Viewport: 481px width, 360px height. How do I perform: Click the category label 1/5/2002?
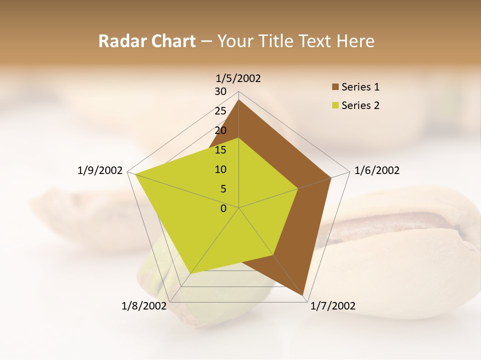[238, 78]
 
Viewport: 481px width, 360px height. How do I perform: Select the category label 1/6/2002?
[377, 170]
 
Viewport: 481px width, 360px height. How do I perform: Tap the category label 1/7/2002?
[333, 306]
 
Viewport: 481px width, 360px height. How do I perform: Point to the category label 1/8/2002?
[144, 306]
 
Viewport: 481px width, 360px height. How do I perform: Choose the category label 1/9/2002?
[100, 170]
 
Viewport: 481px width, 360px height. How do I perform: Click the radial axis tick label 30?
[220, 91]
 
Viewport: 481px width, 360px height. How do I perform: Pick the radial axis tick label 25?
[220, 111]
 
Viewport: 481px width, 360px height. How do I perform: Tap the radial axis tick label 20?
[220, 130]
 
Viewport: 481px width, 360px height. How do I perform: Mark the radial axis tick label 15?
[220, 150]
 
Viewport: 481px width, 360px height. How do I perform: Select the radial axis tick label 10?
[220, 169]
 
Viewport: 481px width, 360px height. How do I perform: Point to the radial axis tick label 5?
[223, 189]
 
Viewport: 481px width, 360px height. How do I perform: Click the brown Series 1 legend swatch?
[335, 87]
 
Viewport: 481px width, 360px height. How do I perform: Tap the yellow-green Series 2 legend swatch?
[335, 105]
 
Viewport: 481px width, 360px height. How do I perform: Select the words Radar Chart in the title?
[147, 41]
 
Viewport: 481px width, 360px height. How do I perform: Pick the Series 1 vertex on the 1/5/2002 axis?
[239, 99]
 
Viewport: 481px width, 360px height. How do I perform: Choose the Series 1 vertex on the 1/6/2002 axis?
[331, 177]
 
